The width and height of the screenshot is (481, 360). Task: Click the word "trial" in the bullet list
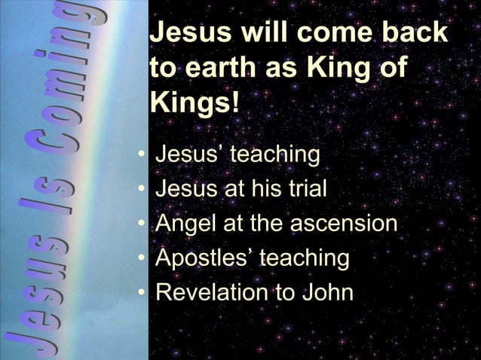click(x=305, y=189)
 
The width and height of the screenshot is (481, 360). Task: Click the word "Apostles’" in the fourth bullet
click(x=204, y=258)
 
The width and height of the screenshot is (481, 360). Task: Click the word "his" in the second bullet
click(x=266, y=189)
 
